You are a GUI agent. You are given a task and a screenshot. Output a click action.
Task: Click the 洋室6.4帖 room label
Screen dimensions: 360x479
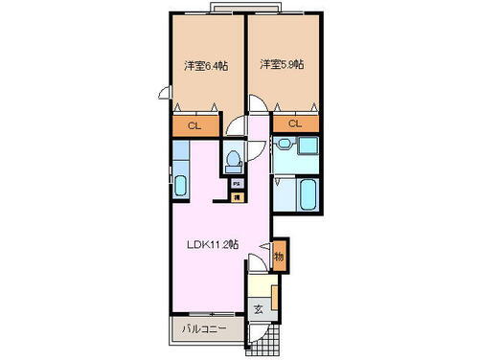coord(202,65)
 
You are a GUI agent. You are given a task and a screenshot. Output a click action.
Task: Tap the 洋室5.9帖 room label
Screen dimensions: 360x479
coord(283,64)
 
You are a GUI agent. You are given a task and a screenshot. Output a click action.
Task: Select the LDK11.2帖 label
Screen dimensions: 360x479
coord(213,243)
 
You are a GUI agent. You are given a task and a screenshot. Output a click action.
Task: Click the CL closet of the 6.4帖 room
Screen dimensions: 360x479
coord(194,125)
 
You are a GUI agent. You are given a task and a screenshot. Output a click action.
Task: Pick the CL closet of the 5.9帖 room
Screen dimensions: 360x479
coord(295,124)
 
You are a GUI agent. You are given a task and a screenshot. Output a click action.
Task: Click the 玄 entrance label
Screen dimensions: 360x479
coord(258,308)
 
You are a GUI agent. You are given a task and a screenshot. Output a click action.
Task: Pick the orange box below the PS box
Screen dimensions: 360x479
coord(236,196)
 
